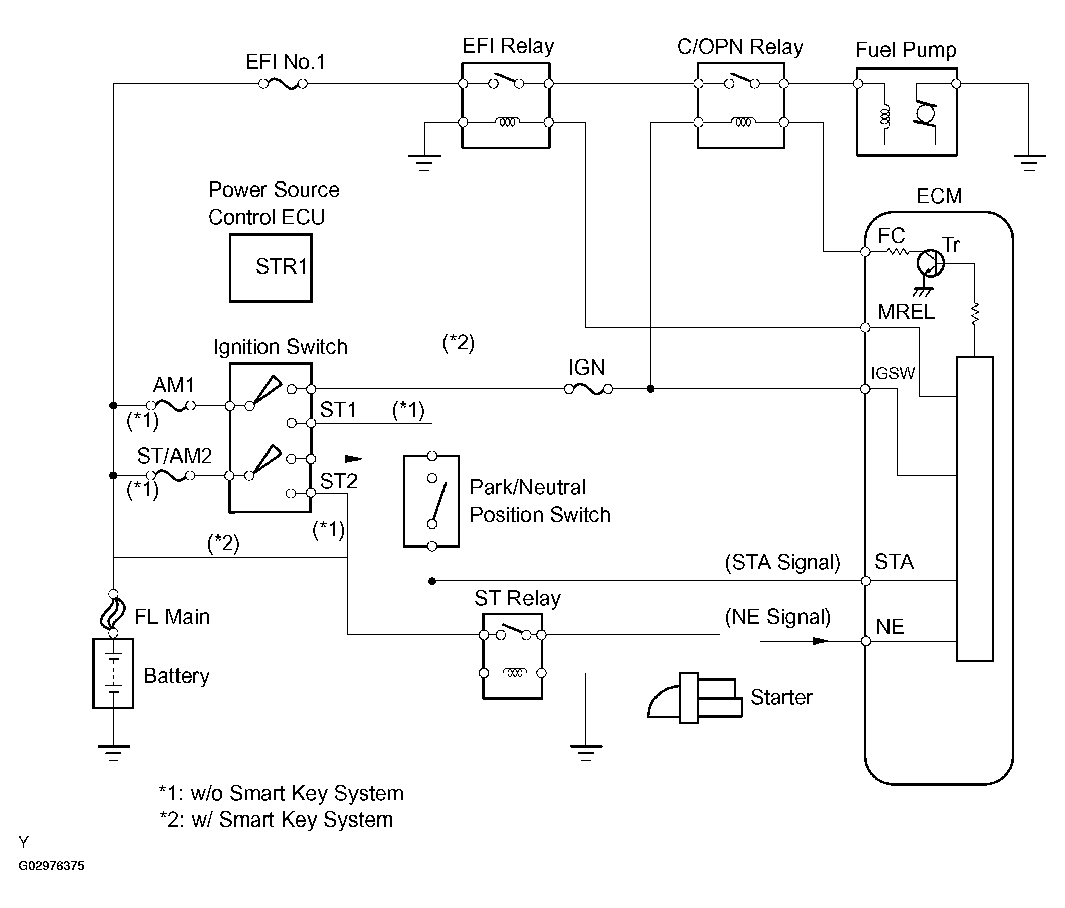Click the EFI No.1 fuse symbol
pos(283,84)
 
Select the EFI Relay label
pos(508,46)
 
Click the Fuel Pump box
pos(907,112)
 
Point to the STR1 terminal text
pos(281,266)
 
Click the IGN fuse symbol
pos(588,390)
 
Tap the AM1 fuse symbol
pos(171,405)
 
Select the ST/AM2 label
pos(174,456)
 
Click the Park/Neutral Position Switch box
pos(431,501)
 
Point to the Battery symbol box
pos(113,673)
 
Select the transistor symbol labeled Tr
pos(930,263)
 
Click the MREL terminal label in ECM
pos(906,312)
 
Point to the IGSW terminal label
pos(893,373)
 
